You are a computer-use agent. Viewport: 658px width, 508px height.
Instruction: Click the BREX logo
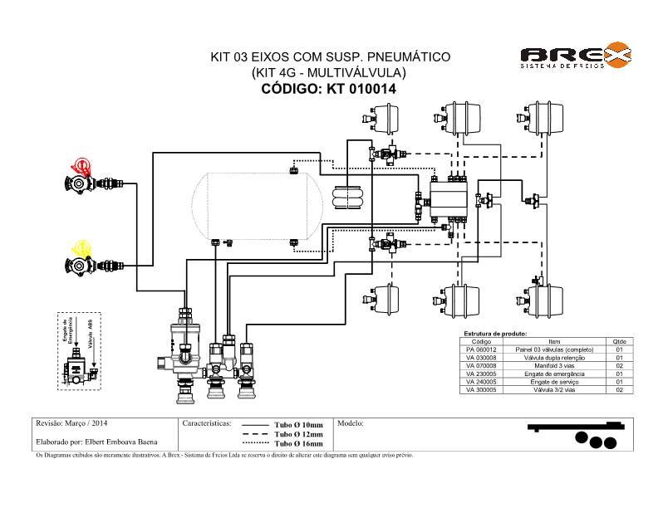pos(575,56)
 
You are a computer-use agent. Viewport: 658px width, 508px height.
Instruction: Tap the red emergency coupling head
pos(81,169)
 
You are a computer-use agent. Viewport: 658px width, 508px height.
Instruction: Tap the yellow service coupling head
pos(82,248)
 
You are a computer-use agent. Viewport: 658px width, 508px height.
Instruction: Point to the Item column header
pos(555,341)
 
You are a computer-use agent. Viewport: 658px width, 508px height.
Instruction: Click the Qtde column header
pos(619,341)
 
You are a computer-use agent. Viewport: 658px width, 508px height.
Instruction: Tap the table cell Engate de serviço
pos(555,382)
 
